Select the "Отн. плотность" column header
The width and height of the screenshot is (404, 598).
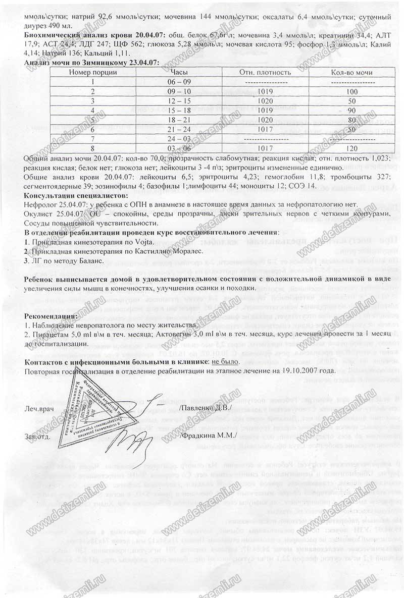[x=265, y=72]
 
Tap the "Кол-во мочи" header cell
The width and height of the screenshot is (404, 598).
[x=352, y=72]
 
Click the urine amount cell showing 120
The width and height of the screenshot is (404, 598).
[x=352, y=148]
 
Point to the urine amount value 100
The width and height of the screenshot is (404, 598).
[x=352, y=91]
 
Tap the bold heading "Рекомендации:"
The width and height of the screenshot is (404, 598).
[x=52, y=316]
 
